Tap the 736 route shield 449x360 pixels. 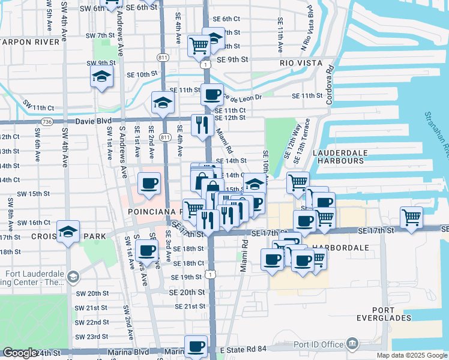pos(46,122)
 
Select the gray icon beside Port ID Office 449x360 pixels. pos(352,344)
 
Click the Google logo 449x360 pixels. pos(19,353)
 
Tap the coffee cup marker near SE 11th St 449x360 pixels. pos(212,94)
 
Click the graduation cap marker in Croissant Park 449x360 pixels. pos(68,231)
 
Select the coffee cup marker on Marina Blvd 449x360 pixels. pos(196,346)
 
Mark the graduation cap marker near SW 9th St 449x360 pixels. pos(102,77)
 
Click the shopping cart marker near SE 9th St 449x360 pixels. pos(199,45)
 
